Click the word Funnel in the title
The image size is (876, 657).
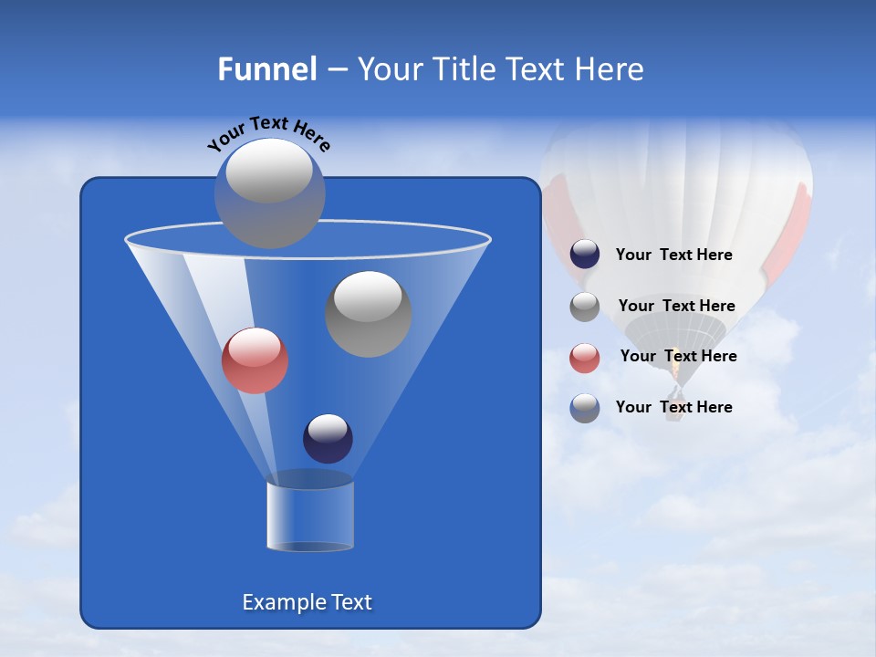266,69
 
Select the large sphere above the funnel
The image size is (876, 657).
269,193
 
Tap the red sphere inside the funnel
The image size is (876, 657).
255,360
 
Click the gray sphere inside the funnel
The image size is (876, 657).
368,313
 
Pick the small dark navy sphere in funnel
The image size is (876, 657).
328,438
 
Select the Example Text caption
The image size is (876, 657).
307,602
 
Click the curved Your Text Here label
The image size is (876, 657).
268,132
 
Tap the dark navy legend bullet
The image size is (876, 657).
585,255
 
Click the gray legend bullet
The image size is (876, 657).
585,307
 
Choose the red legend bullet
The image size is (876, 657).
585,358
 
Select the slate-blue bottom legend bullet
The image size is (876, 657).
585,408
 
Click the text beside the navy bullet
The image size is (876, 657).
673,255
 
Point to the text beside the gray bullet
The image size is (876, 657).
676,307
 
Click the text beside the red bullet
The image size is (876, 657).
678,357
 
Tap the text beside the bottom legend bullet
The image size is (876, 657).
673,407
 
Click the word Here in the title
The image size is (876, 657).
610,69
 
